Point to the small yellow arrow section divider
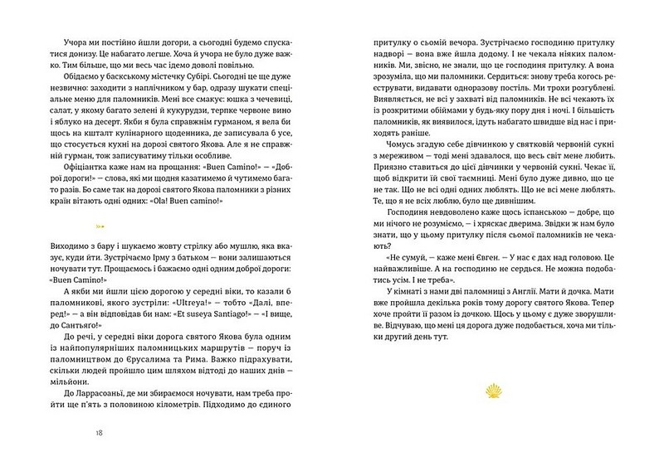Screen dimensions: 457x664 pyautogui.click(x=100, y=223)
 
